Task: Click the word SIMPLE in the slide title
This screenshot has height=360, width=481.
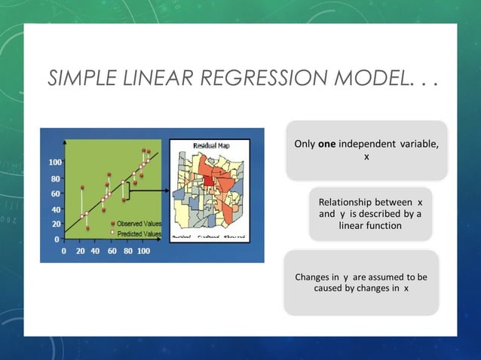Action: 80,78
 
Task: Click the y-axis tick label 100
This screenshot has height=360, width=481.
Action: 55,163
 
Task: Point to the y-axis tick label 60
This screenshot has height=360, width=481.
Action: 56,194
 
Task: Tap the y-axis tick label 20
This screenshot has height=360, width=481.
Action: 56,224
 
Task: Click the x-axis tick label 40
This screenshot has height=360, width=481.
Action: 95,251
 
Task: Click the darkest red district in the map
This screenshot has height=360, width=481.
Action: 206,179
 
